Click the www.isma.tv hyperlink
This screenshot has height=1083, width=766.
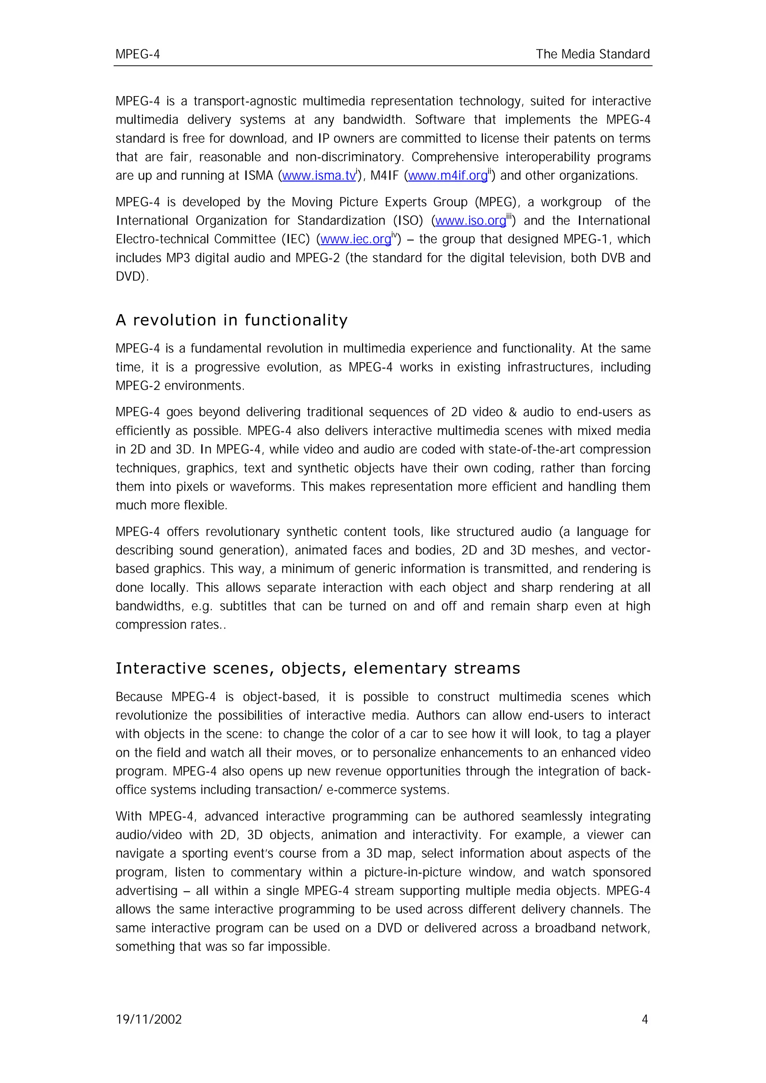319,176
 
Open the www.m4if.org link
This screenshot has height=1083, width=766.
447,176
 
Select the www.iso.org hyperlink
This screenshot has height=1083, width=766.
470,221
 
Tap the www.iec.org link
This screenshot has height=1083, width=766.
355,240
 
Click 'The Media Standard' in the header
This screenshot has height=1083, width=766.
592,54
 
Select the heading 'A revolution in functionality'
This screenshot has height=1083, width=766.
231,320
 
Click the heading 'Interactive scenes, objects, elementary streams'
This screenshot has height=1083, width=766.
318,669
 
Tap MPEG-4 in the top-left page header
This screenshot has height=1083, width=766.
137,55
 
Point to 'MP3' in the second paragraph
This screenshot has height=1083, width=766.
177,258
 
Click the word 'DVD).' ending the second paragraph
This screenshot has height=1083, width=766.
132,277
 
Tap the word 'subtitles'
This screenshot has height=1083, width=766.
243,606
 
